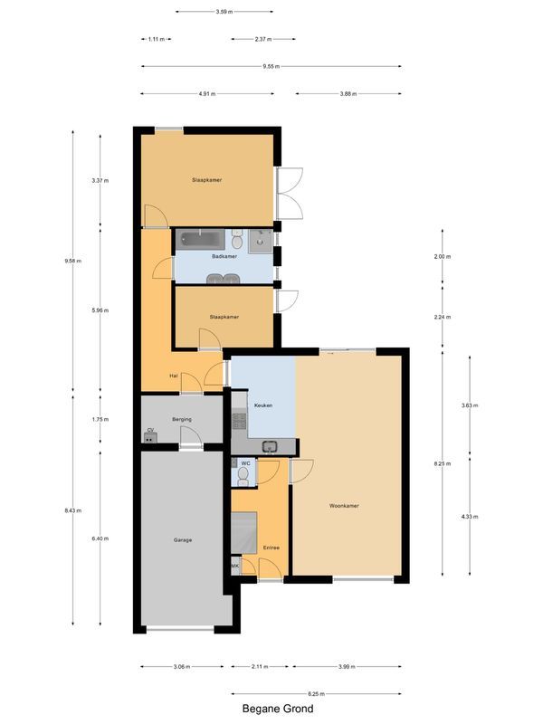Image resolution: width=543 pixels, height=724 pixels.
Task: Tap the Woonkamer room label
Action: point(344,506)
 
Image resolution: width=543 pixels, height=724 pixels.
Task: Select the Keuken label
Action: point(263,405)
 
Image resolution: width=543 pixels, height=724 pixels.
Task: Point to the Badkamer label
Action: point(224,257)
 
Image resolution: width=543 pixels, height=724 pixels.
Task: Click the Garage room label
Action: point(183,540)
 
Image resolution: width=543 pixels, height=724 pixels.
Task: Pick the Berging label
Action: point(181,420)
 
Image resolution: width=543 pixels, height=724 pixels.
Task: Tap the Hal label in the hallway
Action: point(173,376)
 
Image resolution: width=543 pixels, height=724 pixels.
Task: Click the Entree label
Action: point(271,548)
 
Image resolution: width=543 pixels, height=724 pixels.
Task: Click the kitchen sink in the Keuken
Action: point(269,445)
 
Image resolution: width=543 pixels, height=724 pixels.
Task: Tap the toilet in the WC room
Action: point(242,473)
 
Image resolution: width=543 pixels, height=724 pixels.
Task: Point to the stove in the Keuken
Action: point(240,421)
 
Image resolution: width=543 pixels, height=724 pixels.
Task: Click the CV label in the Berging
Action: point(149,431)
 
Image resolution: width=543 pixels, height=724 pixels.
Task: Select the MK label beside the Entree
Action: point(235,567)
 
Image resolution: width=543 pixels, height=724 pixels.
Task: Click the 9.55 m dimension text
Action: point(271,66)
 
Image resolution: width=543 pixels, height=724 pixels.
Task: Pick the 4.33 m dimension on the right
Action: point(468,517)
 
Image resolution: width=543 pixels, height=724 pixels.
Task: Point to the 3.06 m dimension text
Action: point(181,667)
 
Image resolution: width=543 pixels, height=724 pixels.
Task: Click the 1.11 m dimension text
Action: point(157,39)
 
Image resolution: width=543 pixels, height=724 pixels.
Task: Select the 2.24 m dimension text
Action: point(443,318)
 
